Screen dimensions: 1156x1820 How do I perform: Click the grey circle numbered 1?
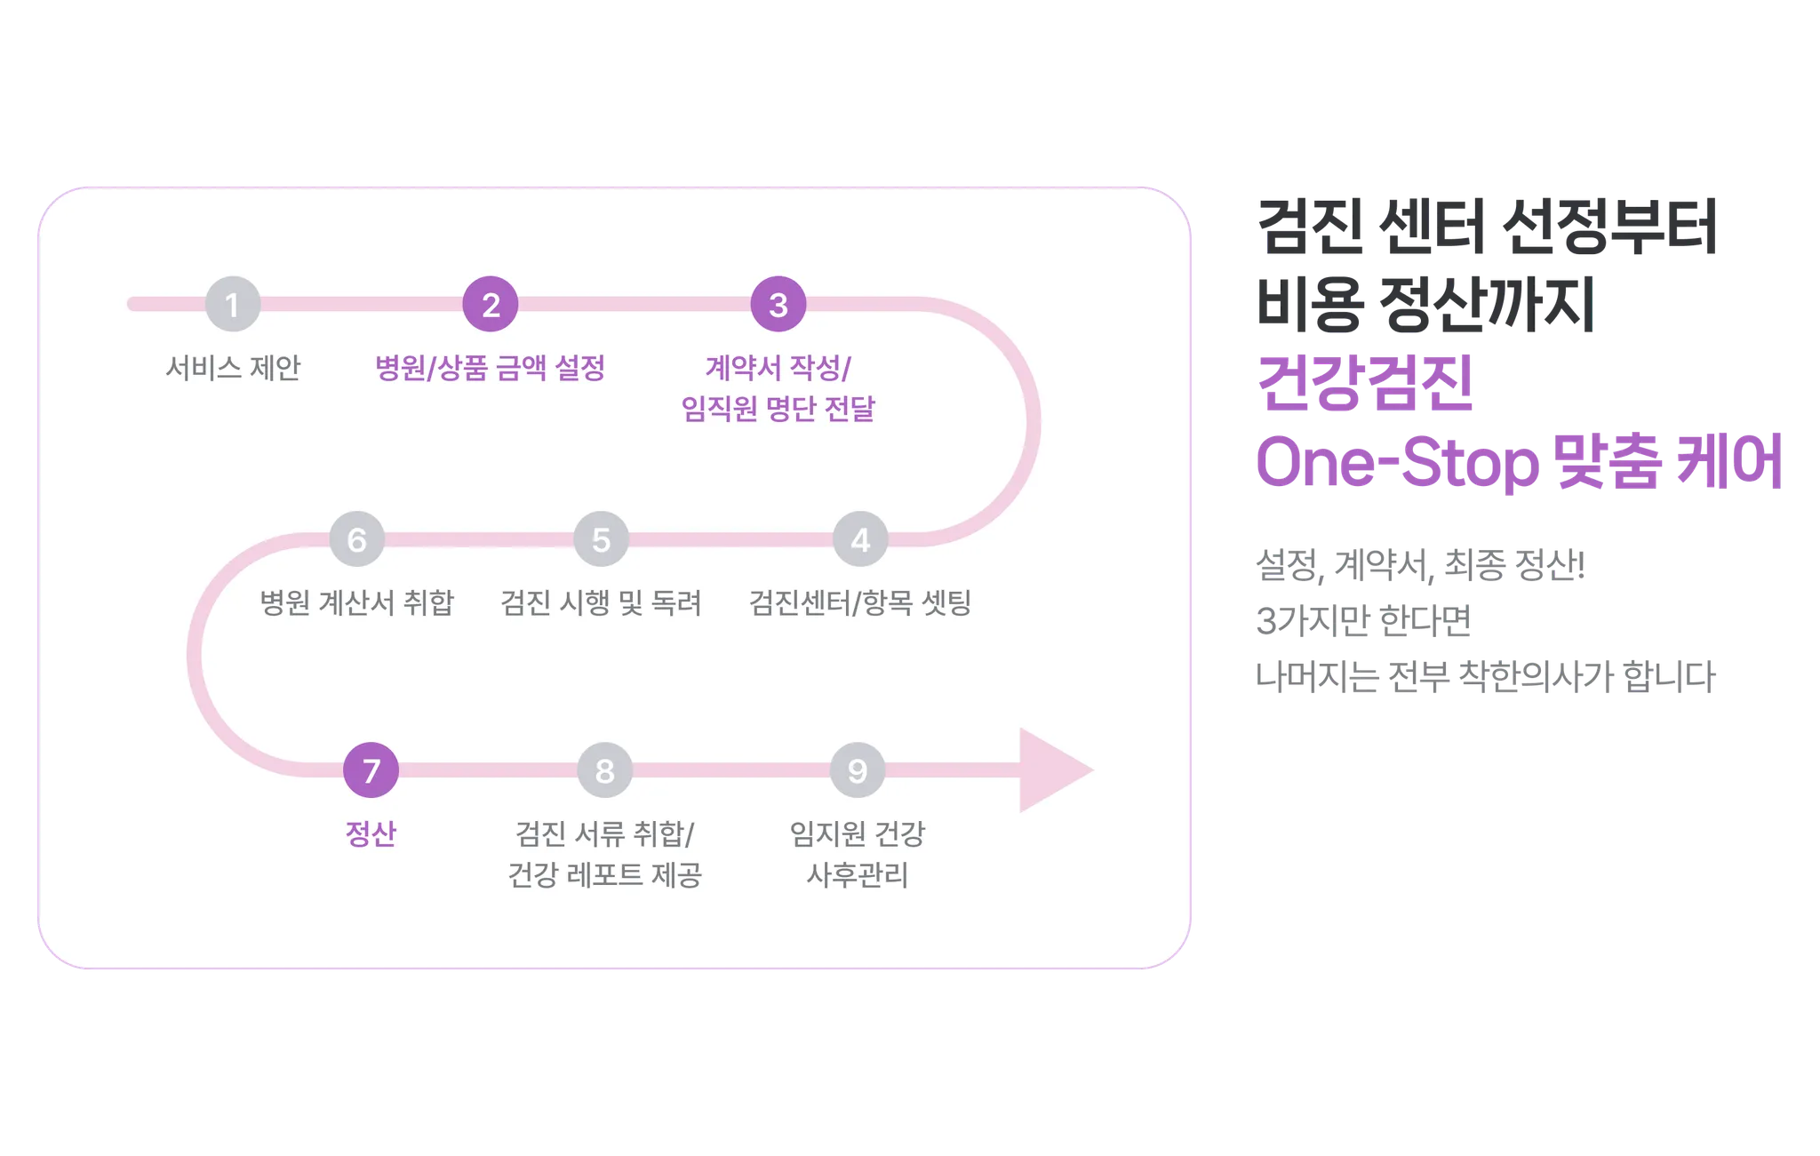pyautogui.click(x=233, y=305)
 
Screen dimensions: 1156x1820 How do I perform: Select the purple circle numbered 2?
pyautogui.click(x=491, y=305)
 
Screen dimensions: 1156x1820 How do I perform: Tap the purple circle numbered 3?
pyautogui.click(x=778, y=305)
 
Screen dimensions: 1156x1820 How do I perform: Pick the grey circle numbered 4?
pyautogui.click(x=860, y=539)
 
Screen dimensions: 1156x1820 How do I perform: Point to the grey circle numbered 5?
pyautogui.click(x=602, y=539)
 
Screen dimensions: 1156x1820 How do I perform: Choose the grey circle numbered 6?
pyautogui.click(x=357, y=539)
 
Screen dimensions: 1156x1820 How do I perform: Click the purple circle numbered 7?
pyautogui.click(x=371, y=770)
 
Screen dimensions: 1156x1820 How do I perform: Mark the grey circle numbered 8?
pyautogui.click(x=605, y=770)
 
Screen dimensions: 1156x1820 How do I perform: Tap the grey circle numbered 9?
pyautogui.click(x=858, y=770)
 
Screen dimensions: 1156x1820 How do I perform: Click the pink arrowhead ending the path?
pyautogui.click(x=1053, y=770)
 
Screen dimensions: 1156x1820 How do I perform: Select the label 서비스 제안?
pyautogui.click(x=233, y=368)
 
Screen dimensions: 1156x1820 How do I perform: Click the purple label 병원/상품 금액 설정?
pyautogui.click(x=491, y=368)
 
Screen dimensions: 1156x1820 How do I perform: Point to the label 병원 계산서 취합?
pyautogui.click(x=357, y=602)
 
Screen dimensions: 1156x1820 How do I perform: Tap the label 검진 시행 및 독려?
pyautogui.click(x=602, y=602)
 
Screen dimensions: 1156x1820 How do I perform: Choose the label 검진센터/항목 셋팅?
pyautogui.click(x=860, y=602)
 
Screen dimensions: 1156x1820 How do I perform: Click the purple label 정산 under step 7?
pyautogui.click(x=371, y=833)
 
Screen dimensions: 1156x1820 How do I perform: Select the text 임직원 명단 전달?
pyautogui.click(x=778, y=409)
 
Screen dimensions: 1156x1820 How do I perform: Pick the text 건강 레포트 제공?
pyautogui.click(x=605, y=875)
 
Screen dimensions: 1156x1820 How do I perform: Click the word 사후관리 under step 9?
pyautogui.click(x=858, y=875)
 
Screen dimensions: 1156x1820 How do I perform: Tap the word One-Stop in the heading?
pyautogui.click(x=1395, y=463)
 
